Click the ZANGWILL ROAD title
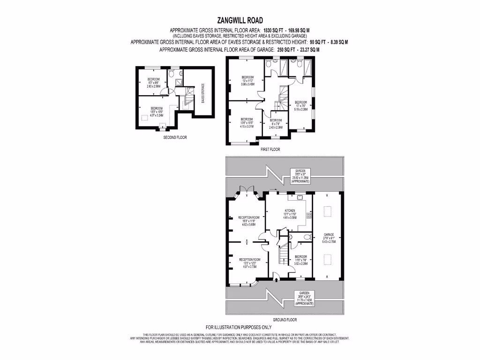[x=240, y=20]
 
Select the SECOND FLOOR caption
[x=175, y=138]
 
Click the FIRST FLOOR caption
[x=270, y=150]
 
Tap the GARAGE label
[x=329, y=236]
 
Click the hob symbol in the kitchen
[x=309, y=216]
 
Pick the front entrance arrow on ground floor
[x=276, y=280]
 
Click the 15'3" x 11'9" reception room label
[x=249, y=220]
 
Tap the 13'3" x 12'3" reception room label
[x=249, y=262]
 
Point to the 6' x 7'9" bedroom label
[x=275, y=124]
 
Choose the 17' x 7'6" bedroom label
[x=300, y=105]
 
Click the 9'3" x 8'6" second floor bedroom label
[x=154, y=82]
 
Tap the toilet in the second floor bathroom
[x=172, y=74]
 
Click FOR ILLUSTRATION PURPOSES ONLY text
[x=239, y=327]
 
